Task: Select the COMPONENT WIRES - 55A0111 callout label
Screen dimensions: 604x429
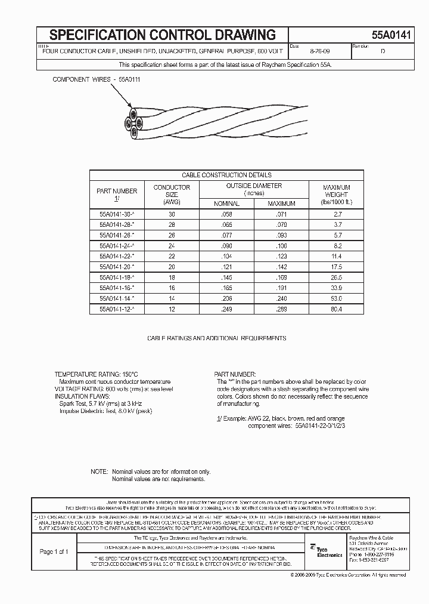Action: click(x=97, y=79)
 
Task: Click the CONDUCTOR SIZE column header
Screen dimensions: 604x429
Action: click(x=172, y=194)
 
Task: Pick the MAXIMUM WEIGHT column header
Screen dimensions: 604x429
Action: click(x=336, y=194)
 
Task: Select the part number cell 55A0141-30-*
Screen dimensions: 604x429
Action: click(x=117, y=213)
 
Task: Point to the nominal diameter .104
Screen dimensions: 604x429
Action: click(x=226, y=255)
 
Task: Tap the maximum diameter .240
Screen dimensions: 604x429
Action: click(x=281, y=298)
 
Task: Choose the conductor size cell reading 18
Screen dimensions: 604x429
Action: click(x=172, y=278)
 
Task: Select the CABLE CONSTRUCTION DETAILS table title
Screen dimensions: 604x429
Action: click(x=226, y=175)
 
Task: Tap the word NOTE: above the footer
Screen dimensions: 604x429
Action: click(x=99, y=472)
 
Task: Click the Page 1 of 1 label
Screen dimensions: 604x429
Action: click(x=54, y=551)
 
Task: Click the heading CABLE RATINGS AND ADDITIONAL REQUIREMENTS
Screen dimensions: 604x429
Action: click(x=216, y=338)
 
